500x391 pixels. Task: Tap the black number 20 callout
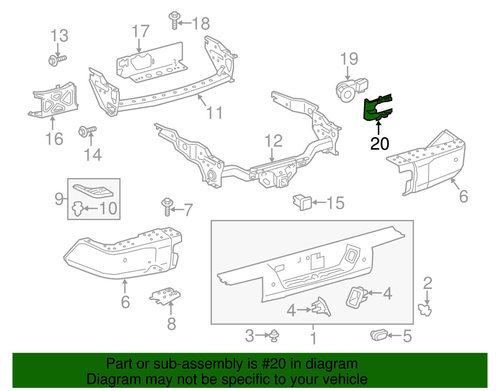379,144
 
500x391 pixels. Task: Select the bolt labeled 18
174,19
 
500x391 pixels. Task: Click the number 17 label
140,32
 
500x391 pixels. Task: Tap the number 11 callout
215,113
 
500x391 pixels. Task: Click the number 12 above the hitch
273,141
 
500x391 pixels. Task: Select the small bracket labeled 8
165,296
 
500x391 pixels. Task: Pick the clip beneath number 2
425,310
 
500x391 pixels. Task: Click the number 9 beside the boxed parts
59,199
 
